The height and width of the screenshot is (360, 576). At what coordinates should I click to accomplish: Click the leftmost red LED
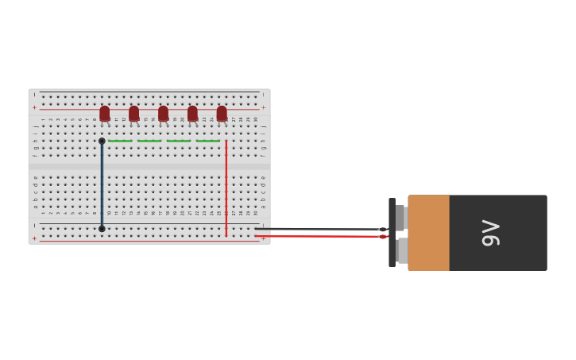click(105, 114)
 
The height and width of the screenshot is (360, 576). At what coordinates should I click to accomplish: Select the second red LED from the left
click(133, 114)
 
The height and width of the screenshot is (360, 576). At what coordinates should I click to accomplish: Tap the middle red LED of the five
click(163, 114)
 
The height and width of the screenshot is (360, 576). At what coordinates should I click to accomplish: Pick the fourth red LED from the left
click(192, 114)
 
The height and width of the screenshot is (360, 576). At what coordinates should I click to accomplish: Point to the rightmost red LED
click(222, 114)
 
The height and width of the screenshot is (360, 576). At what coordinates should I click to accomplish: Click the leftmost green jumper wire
click(120, 141)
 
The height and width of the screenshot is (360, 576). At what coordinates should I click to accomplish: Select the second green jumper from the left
click(149, 141)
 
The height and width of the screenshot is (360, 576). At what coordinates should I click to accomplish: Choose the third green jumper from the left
click(179, 141)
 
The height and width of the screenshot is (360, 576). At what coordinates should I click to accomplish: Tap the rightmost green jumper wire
click(208, 141)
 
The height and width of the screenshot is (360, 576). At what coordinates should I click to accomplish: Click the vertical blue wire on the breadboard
click(102, 185)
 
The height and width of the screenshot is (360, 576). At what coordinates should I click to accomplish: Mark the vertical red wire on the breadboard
click(226, 188)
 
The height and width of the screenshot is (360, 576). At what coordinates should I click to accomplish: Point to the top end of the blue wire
click(102, 141)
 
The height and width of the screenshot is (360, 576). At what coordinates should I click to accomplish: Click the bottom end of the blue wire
click(102, 229)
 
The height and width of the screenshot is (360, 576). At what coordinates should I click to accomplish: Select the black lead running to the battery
click(318, 229)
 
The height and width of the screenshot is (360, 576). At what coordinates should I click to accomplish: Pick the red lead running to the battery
click(318, 236)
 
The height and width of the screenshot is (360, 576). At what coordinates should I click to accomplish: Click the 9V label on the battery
click(491, 233)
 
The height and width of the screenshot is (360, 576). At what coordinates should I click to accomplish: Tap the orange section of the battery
click(429, 233)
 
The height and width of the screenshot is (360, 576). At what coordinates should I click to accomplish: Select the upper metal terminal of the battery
click(400, 218)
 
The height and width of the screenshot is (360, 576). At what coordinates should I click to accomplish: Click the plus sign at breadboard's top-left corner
click(34, 107)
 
